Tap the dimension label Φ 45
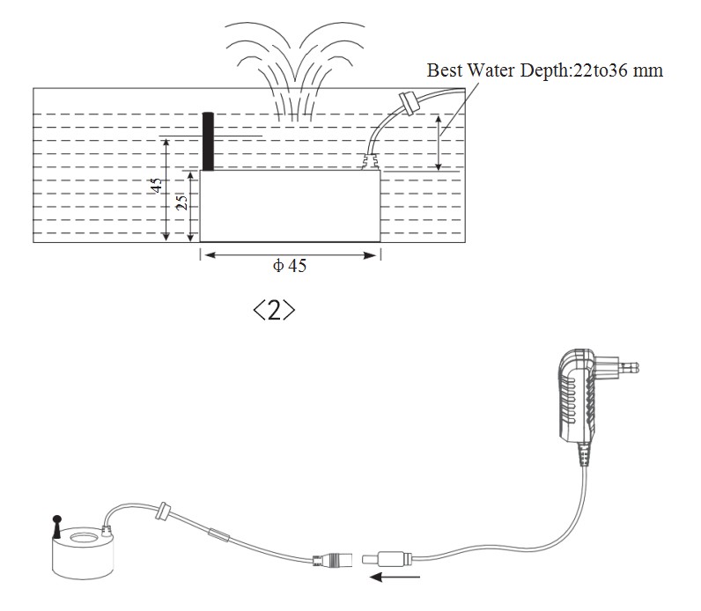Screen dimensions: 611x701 click(x=290, y=265)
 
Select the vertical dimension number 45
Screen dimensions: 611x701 click(x=156, y=187)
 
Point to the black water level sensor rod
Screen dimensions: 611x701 click(x=208, y=141)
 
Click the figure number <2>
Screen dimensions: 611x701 click(x=274, y=311)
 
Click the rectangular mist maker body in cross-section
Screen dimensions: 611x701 click(x=290, y=205)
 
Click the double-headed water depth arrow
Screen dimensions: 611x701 click(x=439, y=143)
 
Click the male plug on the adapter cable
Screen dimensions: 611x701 click(x=387, y=558)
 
